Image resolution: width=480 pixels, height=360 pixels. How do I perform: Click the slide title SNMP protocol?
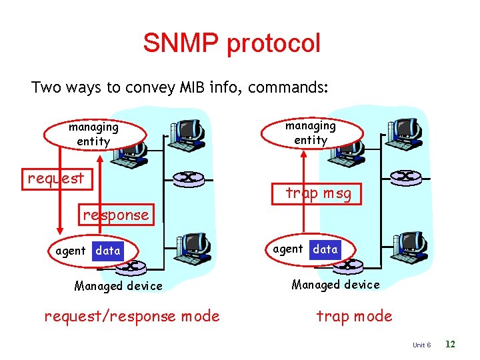(231, 43)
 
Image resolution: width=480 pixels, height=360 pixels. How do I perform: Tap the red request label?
(56, 178)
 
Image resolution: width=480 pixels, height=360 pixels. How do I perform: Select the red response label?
(116, 215)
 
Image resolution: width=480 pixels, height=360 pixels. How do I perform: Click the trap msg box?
(317, 193)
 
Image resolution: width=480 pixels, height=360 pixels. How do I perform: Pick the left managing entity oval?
(94, 134)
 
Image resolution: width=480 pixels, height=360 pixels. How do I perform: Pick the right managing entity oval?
(311, 133)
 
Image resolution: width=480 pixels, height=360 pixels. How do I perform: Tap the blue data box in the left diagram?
(108, 251)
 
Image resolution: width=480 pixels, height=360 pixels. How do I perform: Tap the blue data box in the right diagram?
(325, 249)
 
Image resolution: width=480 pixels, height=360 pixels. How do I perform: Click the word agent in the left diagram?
(71, 251)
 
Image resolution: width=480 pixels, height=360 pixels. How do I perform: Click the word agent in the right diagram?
(288, 249)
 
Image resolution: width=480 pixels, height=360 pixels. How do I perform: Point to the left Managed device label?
(118, 286)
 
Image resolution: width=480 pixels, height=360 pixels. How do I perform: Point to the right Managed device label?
(335, 285)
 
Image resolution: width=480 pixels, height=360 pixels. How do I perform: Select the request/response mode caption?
(131, 316)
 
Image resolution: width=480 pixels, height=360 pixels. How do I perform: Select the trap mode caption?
(354, 316)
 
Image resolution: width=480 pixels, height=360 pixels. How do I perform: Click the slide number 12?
(450, 344)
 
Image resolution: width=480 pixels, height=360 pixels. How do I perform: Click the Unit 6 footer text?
(422, 345)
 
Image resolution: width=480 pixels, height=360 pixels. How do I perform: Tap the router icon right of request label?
(189, 178)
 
